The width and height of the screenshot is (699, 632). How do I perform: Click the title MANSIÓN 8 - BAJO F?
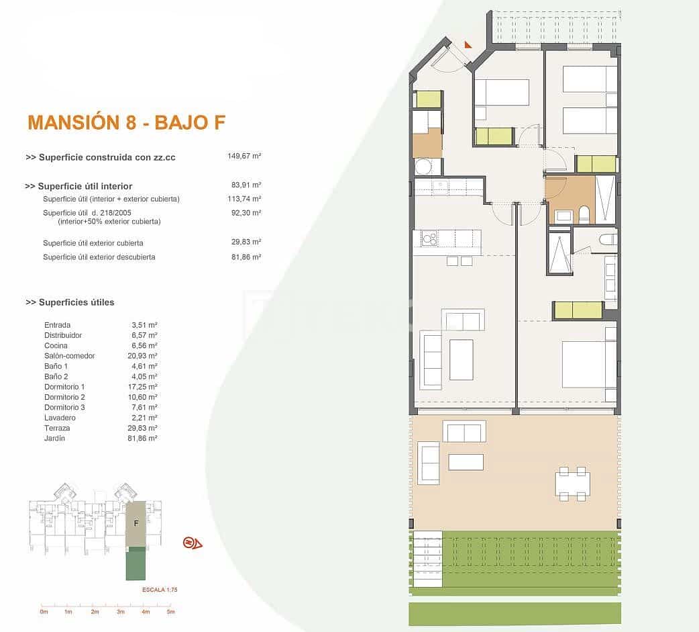[126, 122]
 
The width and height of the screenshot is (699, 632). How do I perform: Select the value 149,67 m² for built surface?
[244, 156]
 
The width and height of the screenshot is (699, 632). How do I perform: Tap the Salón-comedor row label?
[69, 355]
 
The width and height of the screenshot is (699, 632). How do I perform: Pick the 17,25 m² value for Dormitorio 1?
[144, 387]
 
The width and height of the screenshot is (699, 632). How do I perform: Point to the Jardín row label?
[55, 438]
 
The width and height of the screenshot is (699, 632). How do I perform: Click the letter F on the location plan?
[136, 524]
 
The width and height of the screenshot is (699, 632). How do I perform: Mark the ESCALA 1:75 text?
[159, 589]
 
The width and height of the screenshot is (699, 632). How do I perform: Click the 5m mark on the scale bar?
[170, 612]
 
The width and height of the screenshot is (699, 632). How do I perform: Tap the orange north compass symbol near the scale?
[193, 543]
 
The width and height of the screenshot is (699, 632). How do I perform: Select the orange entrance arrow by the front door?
[468, 45]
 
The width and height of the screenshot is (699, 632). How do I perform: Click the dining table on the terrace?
[572, 482]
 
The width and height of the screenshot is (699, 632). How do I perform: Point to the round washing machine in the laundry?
[423, 167]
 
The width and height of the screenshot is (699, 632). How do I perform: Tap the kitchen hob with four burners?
[429, 238]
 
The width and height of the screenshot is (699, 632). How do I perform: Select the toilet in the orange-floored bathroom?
[583, 215]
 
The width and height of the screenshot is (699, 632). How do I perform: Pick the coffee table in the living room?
[461, 359]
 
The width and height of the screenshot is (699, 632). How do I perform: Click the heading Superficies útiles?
[70, 302]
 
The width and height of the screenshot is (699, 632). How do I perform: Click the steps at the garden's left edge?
[427, 557]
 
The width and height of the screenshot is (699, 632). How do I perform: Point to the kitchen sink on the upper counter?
[440, 187]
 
